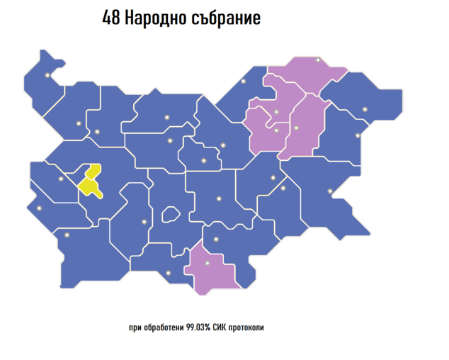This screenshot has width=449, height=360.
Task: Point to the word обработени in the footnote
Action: [162, 328]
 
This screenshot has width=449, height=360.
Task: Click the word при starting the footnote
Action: [135, 328]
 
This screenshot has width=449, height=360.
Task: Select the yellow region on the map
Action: [90, 181]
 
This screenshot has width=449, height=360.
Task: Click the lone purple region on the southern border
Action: [210, 269]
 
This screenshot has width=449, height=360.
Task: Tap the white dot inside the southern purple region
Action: [208, 264]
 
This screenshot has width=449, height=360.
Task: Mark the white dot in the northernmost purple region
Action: [318, 60]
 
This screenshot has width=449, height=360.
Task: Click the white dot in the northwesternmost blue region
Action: [47, 75]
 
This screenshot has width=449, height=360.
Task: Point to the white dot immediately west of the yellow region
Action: [61, 179]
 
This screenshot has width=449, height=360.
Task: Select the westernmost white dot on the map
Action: [39, 208]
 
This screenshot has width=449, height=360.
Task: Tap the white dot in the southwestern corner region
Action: [67, 235]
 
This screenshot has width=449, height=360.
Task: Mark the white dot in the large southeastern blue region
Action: [329, 191]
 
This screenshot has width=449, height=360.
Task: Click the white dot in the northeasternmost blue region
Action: [365, 109]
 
